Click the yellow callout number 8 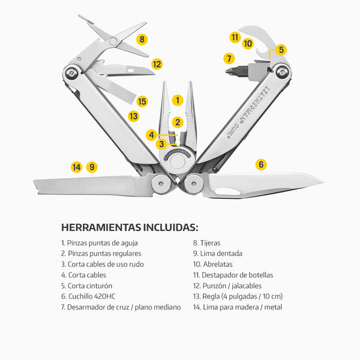142,39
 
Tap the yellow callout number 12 157,64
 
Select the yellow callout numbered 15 142,101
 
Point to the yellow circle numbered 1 178,100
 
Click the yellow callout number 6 261,164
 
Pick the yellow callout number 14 77,167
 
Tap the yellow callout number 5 281,50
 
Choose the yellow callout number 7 229,58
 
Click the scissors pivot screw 113,41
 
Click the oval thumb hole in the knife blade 228,191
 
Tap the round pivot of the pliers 178,161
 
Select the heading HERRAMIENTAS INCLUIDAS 130,227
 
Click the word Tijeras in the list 210,242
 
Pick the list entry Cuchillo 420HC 88,296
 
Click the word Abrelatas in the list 217,264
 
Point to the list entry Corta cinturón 86,286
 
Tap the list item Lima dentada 218,253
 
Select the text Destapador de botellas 237,275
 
